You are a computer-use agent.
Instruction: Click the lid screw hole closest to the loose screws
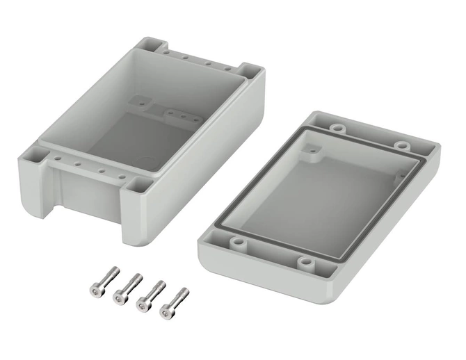[239, 243]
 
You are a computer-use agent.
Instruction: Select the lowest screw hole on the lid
[306, 262]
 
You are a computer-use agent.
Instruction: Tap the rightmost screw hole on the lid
[401, 145]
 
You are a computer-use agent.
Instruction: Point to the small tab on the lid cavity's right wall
[399, 177]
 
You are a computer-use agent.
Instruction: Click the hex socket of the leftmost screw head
[95, 286]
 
